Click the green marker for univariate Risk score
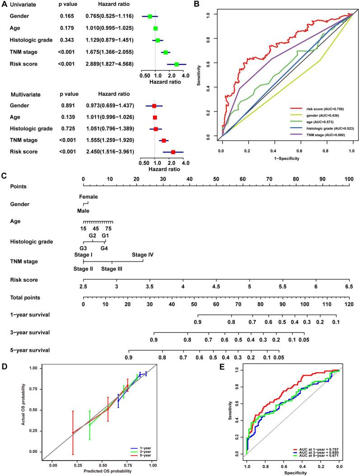pyautogui.click(x=177, y=64)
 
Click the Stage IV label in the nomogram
pyautogui.click(x=143, y=255)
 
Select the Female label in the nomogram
pyautogui.click(x=89, y=196)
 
